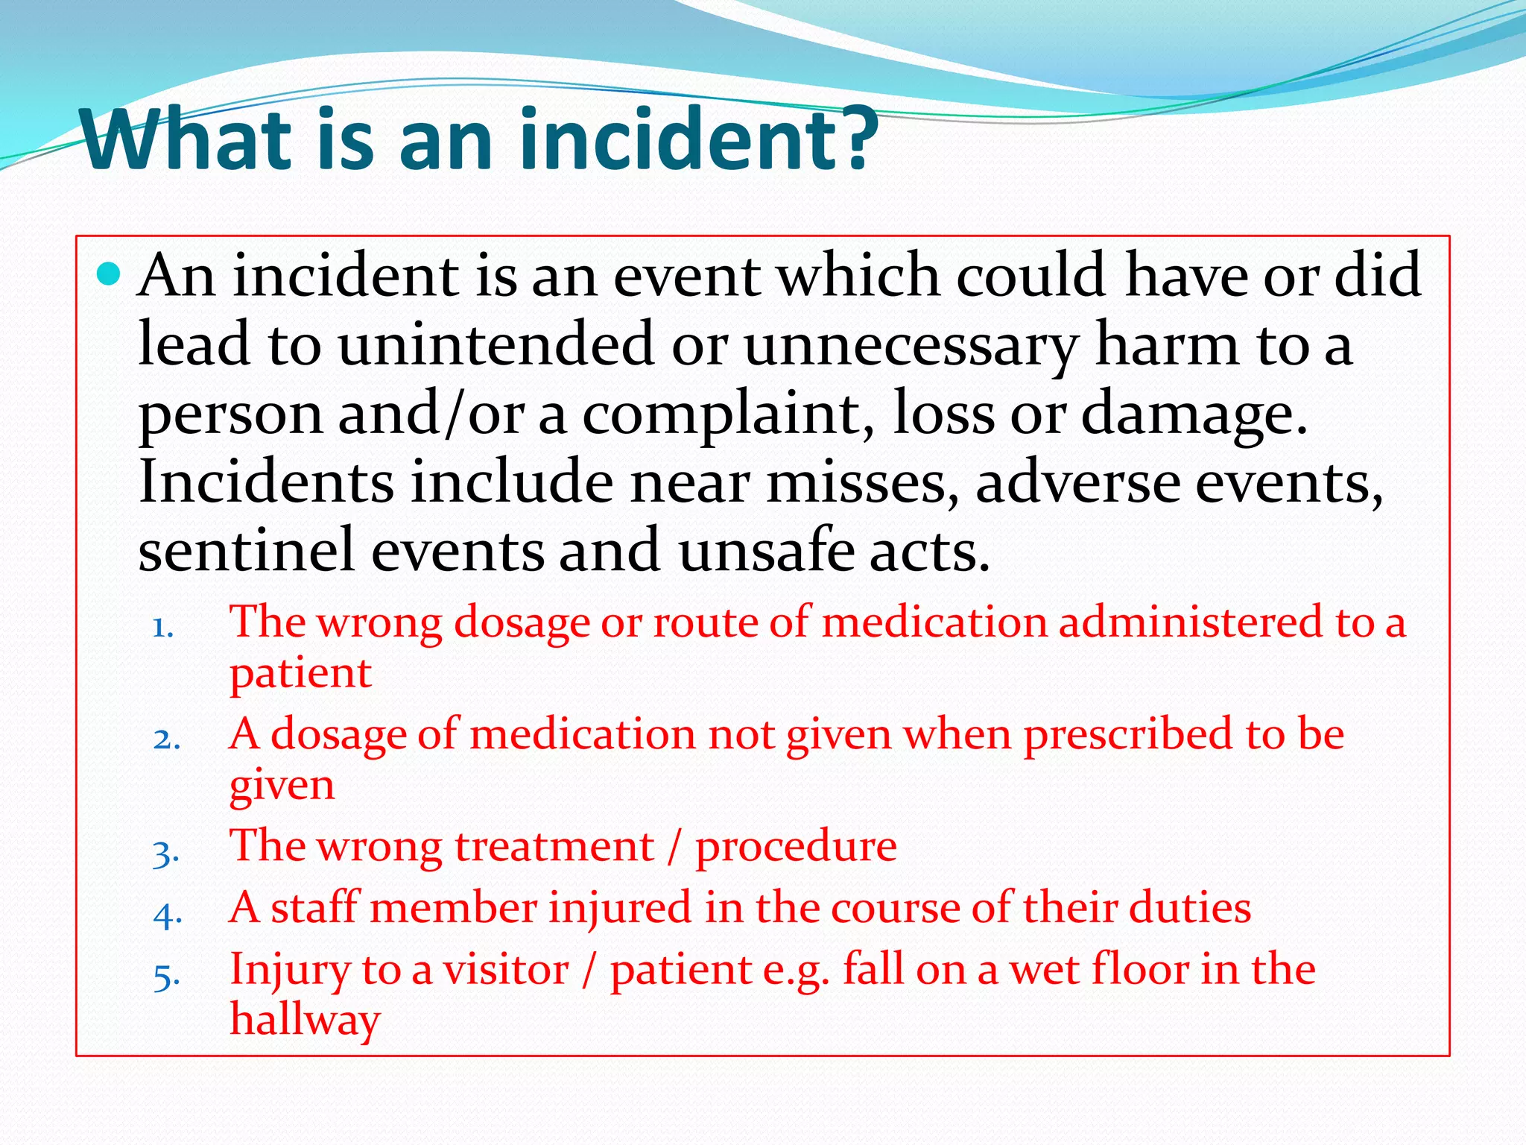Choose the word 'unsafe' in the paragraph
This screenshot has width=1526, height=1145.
coord(765,550)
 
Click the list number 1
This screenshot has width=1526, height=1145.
coord(162,628)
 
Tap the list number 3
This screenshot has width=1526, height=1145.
coord(165,853)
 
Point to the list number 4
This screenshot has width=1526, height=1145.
coord(167,915)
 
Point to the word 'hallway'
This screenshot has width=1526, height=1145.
coord(305,1020)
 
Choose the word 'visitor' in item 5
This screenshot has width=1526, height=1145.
coord(506,970)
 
